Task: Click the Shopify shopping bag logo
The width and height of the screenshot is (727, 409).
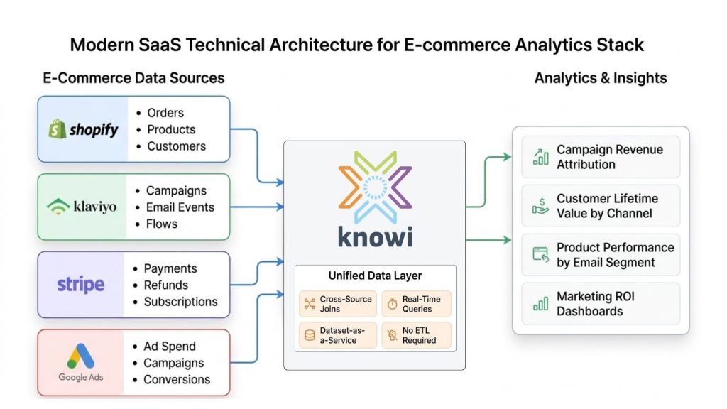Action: [57, 129]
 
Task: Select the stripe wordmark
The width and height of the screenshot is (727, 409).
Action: [80, 285]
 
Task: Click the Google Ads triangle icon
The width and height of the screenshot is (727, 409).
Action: [80, 356]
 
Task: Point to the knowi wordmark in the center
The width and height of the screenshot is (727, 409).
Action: [374, 236]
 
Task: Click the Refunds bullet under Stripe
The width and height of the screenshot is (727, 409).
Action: [165, 285]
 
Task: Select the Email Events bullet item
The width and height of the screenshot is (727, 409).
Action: [180, 207]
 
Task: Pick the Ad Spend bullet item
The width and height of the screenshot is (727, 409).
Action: [169, 347]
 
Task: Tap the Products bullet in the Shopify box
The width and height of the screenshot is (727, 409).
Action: [170, 129]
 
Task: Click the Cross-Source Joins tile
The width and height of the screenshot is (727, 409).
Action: [338, 304]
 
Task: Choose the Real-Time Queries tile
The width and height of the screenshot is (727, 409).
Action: [416, 304]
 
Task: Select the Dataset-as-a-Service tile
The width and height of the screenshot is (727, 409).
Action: [338, 335]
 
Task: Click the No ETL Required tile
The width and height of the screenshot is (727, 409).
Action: [416, 335]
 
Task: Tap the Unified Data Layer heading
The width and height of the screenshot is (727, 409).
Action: [374, 276]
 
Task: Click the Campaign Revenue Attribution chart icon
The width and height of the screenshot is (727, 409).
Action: [541, 157]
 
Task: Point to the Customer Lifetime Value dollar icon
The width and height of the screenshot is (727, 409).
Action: [541, 206]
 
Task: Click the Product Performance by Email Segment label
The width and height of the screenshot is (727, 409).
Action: [615, 254]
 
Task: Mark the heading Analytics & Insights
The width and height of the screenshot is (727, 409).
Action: [601, 78]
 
